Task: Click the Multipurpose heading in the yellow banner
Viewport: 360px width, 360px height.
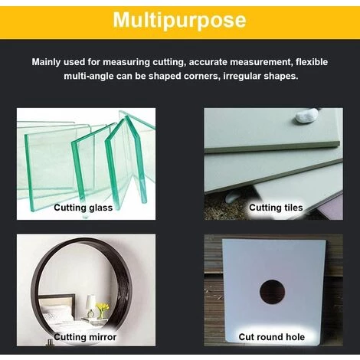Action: [179, 20]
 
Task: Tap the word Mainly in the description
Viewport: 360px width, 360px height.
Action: [46, 62]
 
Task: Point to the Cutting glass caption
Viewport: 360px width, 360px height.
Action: [83, 208]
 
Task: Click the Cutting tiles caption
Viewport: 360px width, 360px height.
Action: [276, 208]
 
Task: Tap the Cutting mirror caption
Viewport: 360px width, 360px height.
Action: [85, 337]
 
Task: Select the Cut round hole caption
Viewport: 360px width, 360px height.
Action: [272, 337]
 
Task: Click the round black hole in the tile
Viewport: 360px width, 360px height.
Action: [272, 292]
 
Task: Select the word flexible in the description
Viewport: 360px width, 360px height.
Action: [312, 62]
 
